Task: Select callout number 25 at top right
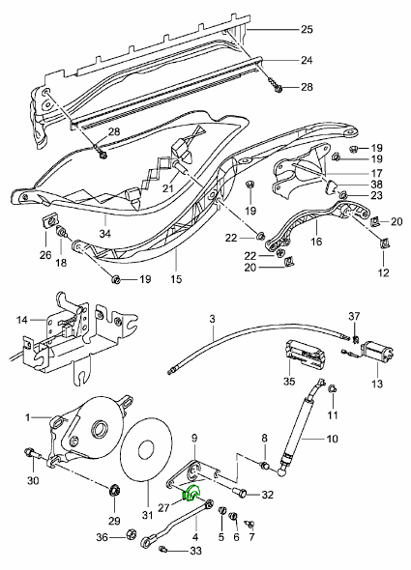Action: [x=307, y=30]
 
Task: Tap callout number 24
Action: [x=307, y=60]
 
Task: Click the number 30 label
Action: [x=32, y=480]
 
